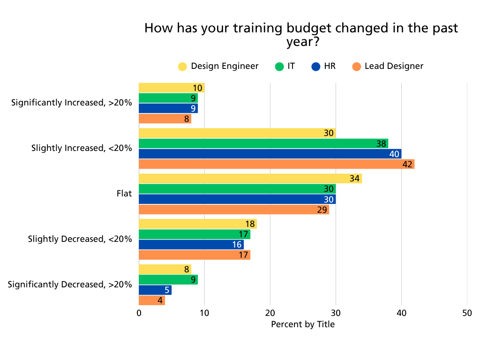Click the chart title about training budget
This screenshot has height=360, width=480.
coord(301,35)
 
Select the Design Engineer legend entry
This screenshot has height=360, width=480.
coord(218,66)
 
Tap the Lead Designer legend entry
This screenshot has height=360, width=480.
coord(388,66)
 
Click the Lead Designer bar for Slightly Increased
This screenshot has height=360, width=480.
coord(277,164)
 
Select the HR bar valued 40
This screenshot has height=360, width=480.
coord(270,154)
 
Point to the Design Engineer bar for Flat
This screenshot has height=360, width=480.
coord(250,179)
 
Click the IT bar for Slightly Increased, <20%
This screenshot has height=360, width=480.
coord(263,143)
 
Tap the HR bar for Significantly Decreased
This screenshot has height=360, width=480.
coord(155,290)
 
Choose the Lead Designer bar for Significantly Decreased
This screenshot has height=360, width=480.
coord(152,300)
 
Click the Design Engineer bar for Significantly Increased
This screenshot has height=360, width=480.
coord(172,88)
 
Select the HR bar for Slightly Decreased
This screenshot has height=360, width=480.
coord(191,245)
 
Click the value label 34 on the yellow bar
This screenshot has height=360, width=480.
coord(355,179)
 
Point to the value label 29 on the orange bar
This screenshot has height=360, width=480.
coord(322,210)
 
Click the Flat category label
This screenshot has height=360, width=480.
coord(124,194)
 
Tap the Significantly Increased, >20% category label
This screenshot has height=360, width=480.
coord(72,103)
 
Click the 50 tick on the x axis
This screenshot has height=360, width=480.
coord(467,313)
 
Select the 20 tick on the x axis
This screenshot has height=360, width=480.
coord(270,313)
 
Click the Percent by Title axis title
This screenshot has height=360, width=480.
coord(303,324)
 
